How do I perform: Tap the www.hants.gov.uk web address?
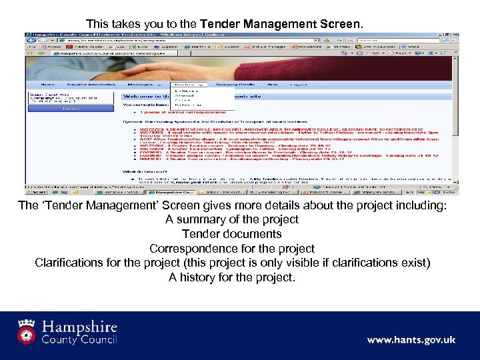click(x=411, y=340)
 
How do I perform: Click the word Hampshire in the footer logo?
click(x=79, y=327)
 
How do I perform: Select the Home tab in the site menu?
click(x=47, y=85)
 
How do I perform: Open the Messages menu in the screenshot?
click(x=142, y=85)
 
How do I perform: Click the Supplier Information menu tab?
click(x=93, y=85)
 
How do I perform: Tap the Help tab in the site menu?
click(x=272, y=85)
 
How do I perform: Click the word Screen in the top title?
click(x=336, y=25)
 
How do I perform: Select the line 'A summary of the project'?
click(x=232, y=219)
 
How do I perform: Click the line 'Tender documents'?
click(x=232, y=234)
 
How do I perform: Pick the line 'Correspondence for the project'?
click(x=232, y=249)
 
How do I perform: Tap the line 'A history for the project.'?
click(x=232, y=277)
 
